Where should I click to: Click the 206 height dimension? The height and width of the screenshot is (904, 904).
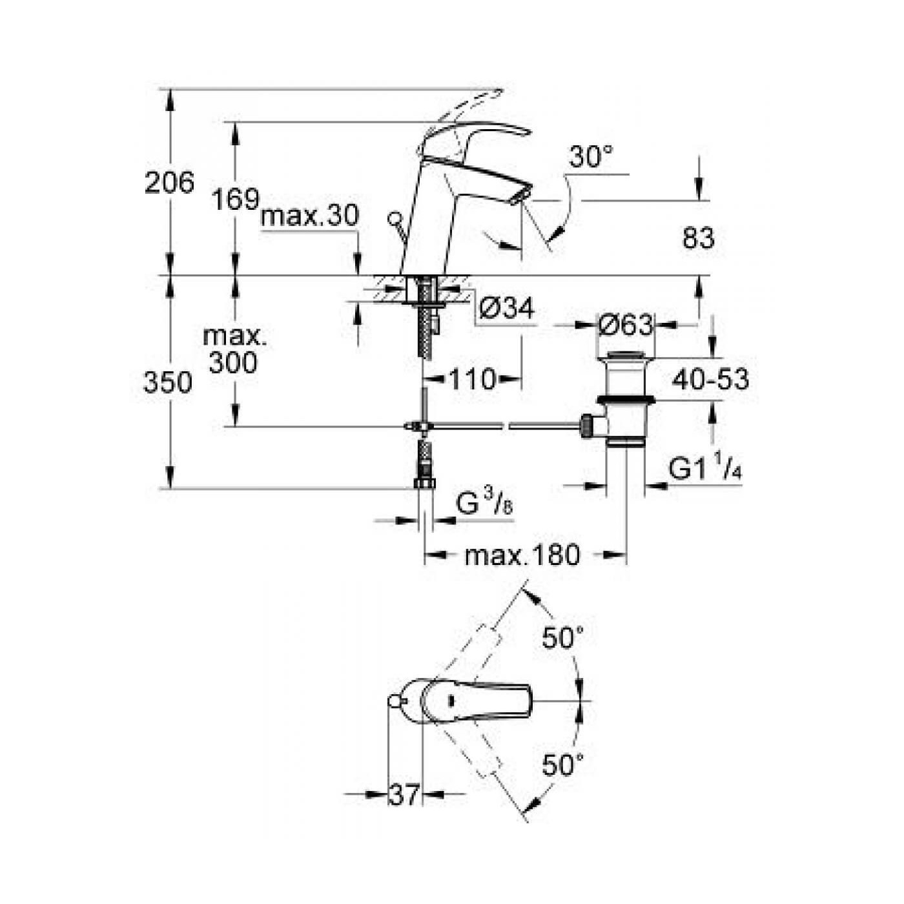tap(169, 183)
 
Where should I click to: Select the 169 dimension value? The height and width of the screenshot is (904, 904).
tap(235, 199)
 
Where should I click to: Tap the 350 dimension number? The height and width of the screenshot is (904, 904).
tap(168, 383)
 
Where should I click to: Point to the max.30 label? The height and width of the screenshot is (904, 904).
tap(309, 216)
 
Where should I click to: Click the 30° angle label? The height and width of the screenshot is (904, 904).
tap(591, 157)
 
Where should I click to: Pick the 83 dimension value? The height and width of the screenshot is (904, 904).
tap(699, 239)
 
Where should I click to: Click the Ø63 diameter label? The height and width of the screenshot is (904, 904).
tap(625, 325)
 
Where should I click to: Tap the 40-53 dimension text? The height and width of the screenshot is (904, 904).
tap(710, 380)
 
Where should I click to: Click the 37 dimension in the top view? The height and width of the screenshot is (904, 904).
tap(404, 795)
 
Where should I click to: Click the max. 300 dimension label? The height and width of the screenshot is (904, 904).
tap(233, 350)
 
